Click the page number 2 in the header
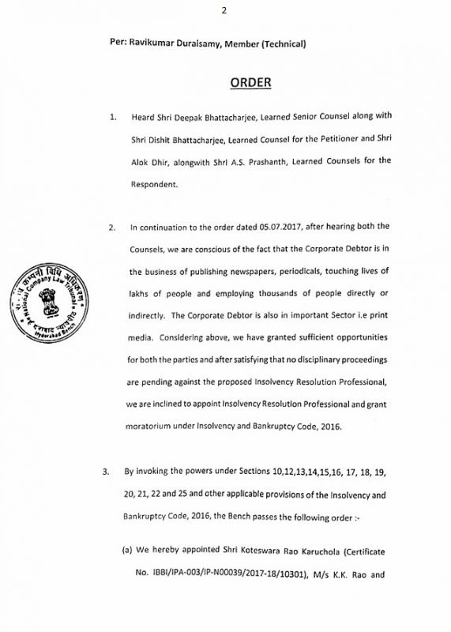pos(225,9)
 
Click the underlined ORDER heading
pos(250,83)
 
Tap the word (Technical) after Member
pos(281,42)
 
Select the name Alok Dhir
pos(152,161)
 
